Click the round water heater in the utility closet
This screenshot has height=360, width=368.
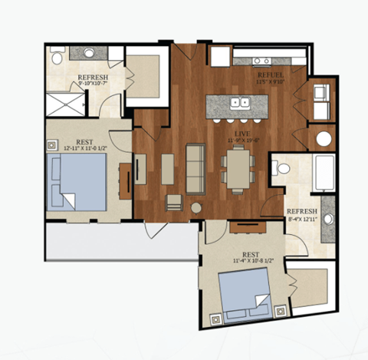[x=323, y=140]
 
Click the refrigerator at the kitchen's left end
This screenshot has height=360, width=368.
[x=218, y=56]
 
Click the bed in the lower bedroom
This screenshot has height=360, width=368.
[x=243, y=294]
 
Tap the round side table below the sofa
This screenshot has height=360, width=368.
[x=196, y=208]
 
